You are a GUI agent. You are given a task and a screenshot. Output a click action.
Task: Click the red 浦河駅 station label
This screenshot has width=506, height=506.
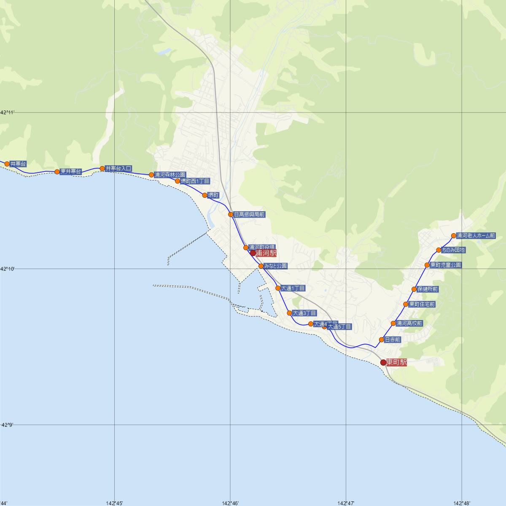266,253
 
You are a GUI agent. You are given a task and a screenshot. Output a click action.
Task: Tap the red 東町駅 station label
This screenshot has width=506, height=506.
396,362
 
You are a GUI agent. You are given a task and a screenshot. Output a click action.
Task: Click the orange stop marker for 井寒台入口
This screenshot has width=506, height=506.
102,169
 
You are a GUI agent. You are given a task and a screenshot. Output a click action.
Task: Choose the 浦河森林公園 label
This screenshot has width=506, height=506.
170,175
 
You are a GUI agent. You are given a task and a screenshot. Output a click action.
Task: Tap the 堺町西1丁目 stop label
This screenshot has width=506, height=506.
195,181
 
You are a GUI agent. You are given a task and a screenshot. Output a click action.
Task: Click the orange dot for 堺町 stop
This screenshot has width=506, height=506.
205,195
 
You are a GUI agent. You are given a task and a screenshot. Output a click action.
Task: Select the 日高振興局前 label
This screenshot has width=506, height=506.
249,215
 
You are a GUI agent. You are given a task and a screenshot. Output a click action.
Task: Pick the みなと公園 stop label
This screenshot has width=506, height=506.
276,266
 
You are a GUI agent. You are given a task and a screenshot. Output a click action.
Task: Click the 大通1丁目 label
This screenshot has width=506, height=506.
293,288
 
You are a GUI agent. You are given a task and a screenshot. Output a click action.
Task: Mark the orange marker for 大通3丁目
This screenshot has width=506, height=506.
289,313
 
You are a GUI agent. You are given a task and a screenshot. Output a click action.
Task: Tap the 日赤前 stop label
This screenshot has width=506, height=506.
393,339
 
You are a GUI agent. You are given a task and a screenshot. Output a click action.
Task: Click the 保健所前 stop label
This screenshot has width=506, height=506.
428,289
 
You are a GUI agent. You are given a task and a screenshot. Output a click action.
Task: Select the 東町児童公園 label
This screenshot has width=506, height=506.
446,265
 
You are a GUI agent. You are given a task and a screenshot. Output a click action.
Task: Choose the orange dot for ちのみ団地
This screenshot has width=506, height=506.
439,250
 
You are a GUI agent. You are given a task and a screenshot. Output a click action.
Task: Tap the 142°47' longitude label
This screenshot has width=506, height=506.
346,503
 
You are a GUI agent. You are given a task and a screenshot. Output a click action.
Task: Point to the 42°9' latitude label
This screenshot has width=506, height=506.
8,425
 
